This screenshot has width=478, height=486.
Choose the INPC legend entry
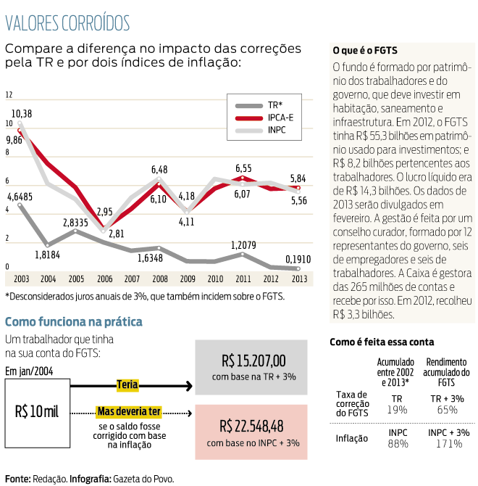pos(277,130)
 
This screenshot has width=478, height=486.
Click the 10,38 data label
pos(22,113)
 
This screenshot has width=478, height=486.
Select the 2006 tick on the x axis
pos(104,279)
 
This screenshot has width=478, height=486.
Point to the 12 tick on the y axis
pos(9,95)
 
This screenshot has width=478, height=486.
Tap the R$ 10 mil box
pos(36,412)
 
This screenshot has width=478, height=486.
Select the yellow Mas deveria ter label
pos(128,412)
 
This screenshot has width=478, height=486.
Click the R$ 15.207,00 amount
pos(253,361)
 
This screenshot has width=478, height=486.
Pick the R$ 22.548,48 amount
pos(253,426)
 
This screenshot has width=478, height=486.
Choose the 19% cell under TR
pos(396,409)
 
